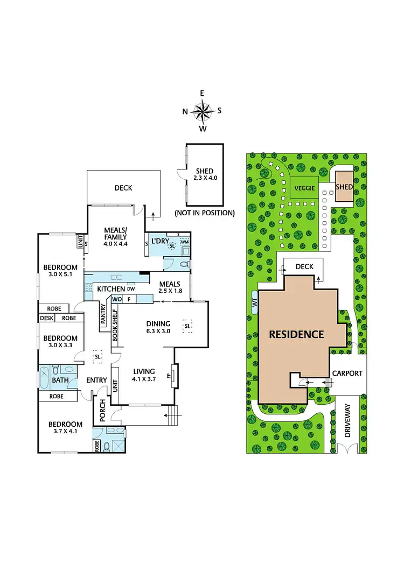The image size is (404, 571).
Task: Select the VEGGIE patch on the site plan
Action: (x=304, y=189)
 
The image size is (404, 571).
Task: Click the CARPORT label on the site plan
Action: (x=347, y=372)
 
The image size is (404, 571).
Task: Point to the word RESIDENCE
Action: (x=297, y=334)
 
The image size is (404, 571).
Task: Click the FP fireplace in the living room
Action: (x=169, y=372)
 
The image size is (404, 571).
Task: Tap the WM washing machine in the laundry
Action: (x=184, y=242)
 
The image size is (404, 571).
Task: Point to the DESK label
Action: (x=46, y=318)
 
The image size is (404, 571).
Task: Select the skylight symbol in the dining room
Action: (x=187, y=326)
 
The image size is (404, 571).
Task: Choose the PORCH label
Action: (x=100, y=411)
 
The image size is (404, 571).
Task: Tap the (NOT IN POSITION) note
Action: (x=205, y=213)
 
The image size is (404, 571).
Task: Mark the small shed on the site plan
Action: (x=344, y=187)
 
